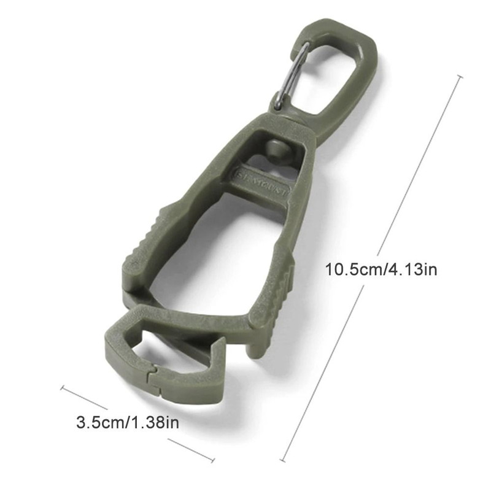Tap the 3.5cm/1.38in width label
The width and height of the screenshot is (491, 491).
point(128,422)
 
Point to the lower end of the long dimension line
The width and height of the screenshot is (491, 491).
point(284,460)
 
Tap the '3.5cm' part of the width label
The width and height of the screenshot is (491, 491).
point(98,422)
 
